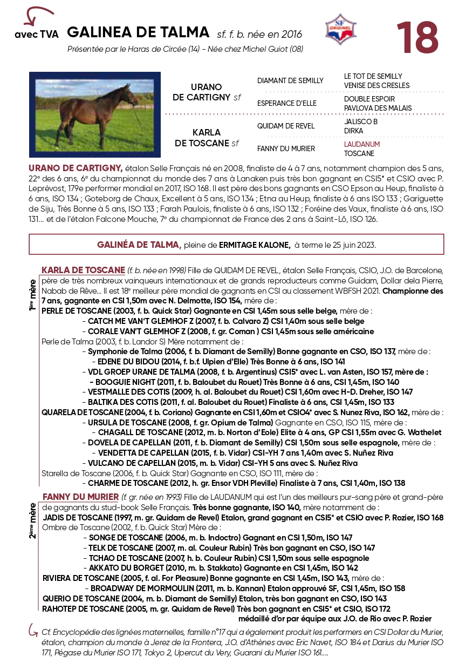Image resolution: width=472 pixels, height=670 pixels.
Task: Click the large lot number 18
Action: coord(417,37)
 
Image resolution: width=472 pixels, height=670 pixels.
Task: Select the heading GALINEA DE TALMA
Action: coord(138,32)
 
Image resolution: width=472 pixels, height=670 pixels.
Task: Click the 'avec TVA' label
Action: coord(37,35)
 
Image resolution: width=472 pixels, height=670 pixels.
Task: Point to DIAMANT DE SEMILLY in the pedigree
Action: coord(290,81)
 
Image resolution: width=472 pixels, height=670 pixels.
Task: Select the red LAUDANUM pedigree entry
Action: coord(362,145)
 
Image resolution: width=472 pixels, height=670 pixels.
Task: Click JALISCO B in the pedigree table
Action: coord(361,122)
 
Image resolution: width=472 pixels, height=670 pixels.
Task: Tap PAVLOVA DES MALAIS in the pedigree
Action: coord(378,108)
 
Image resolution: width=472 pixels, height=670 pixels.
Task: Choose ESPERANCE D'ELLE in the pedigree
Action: coord(287,103)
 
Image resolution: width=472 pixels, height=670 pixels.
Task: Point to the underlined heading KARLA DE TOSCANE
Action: coord(83,269)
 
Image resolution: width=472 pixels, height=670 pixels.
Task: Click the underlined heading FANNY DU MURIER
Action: coord(80,497)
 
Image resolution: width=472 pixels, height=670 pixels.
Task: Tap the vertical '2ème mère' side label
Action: coord(33,520)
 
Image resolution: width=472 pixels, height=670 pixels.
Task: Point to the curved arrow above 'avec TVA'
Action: coord(37,15)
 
